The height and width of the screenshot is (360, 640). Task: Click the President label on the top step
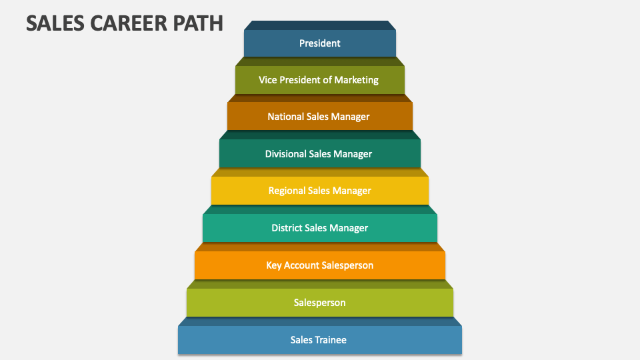320,43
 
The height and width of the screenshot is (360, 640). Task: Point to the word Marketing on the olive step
357,80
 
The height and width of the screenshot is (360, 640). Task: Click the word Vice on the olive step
269,80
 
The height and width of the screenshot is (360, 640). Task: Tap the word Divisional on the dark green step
285,154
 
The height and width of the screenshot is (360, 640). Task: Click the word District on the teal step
287,228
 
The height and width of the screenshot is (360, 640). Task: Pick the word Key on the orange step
274,265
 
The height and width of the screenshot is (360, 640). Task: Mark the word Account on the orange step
302,265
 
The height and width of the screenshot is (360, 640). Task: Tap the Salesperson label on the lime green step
320,303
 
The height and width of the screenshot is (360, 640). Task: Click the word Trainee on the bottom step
332,340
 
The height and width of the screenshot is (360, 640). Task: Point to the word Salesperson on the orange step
347,265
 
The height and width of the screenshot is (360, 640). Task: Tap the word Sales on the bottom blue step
302,340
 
